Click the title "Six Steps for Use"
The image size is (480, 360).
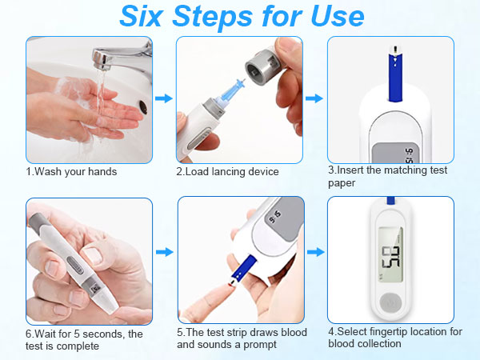(x=242, y=16)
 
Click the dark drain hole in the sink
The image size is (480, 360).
(x=143, y=107)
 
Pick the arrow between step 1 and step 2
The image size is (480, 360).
(x=164, y=98)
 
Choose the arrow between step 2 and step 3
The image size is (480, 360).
(x=314, y=98)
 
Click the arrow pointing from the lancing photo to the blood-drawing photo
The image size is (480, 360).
(x=164, y=252)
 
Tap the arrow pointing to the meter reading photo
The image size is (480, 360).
(x=316, y=252)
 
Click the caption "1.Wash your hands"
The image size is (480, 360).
(x=71, y=172)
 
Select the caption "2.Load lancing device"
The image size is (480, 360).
(x=227, y=172)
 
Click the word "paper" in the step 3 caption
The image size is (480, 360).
(x=342, y=183)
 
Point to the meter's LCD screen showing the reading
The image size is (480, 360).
(x=390, y=254)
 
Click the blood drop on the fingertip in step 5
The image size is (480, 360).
(x=230, y=285)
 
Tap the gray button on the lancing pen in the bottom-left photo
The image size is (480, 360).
(x=75, y=265)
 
